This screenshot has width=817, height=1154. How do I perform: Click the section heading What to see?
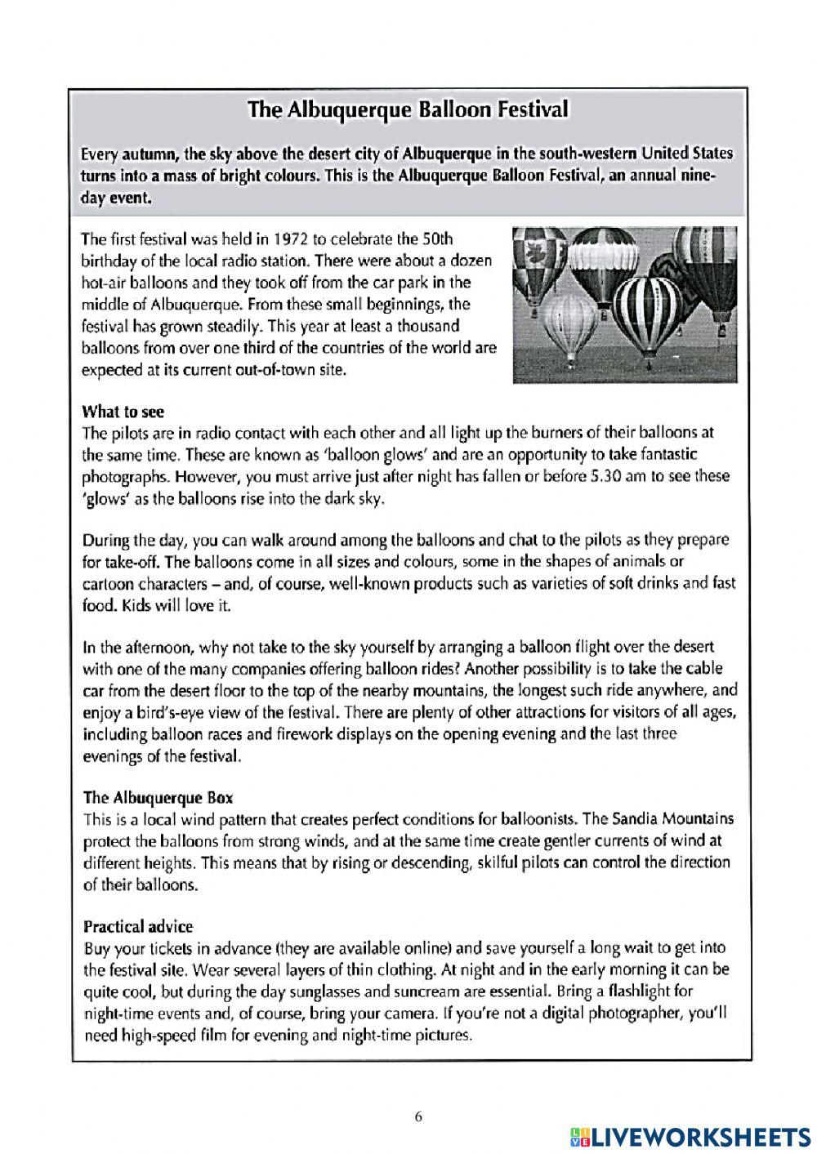pos(123,412)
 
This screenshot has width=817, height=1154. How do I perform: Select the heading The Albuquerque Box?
pos(158,797)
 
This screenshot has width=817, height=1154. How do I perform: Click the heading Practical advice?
pos(138,927)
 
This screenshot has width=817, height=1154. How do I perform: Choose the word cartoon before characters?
pos(109,584)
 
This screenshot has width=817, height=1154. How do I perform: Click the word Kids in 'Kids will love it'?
pos(136,606)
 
